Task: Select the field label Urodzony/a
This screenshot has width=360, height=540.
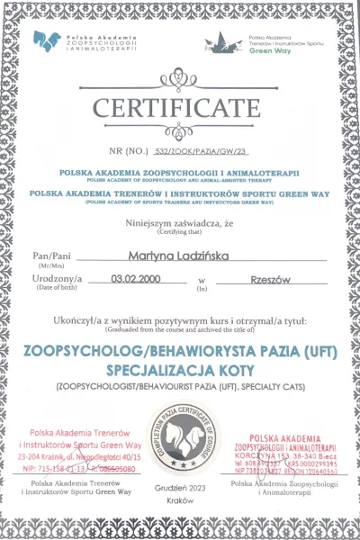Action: [x=55, y=280]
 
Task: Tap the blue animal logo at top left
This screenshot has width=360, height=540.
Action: [x=49, y=40]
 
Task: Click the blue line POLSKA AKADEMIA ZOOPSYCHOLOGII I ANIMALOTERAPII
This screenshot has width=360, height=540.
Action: [x=180, y=170]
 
